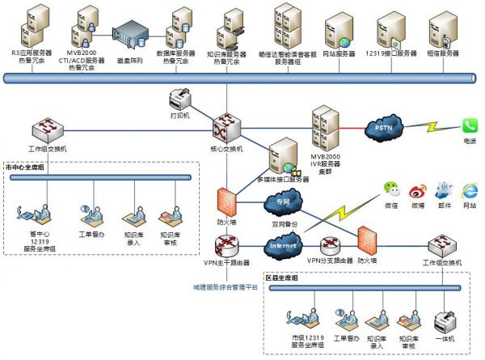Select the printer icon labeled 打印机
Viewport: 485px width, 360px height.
(179, 101)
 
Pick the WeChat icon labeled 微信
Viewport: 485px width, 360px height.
(391, 191)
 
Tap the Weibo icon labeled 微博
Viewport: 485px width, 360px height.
(417, 191)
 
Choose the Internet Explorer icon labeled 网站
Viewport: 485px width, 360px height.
(469, 191)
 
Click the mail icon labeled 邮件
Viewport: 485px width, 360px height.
(443, 191)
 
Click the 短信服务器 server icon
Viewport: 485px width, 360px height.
(442, 29)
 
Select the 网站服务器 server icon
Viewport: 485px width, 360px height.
(339, 31)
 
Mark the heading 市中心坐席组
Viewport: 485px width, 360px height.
(26, 167)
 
